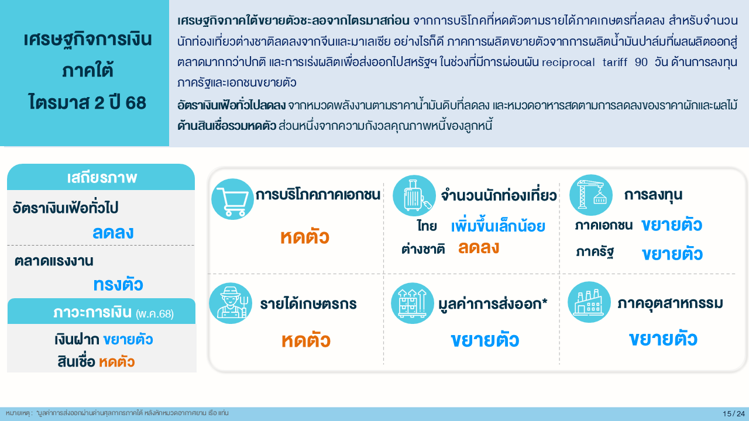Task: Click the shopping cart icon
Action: pos(232,199)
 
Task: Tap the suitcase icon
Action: pos(414,195)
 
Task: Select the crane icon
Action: pos(591,195)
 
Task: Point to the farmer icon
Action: pos(231,303)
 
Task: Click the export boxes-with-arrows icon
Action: pos(413,303)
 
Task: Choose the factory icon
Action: pos(589,302)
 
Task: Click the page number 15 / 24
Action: pos(734,413)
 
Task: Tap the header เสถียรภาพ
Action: pos(102,178)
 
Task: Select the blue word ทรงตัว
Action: pos(118,285)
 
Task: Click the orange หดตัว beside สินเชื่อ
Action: pos(116,362)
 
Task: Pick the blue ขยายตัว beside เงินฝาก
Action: pos(128,340)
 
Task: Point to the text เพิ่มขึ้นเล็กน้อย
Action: pos(498,226)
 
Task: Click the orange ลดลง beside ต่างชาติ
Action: pos(479,248)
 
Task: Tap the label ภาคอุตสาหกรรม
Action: pos(670,303)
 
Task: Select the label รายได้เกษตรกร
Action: pos(308,304)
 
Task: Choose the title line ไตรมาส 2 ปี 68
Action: pos(87,102)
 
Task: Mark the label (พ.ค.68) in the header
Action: pos(154,314)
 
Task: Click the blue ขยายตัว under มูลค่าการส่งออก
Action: pos(485,340)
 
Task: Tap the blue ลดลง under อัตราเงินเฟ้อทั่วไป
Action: pos(113,232)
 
